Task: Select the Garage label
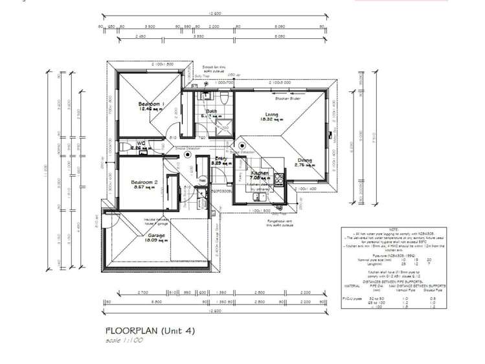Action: coord(156,235)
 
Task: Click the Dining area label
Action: coord(304,160)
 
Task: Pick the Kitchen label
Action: coord(260,173)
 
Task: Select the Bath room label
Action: coord(212,111)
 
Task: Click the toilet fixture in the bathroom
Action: coord(222,99)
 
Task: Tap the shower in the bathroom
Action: coord(223,127)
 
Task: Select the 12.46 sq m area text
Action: coord(150,109)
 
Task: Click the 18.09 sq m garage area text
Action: coord(156,241)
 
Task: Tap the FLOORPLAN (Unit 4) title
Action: coord(149,330)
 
